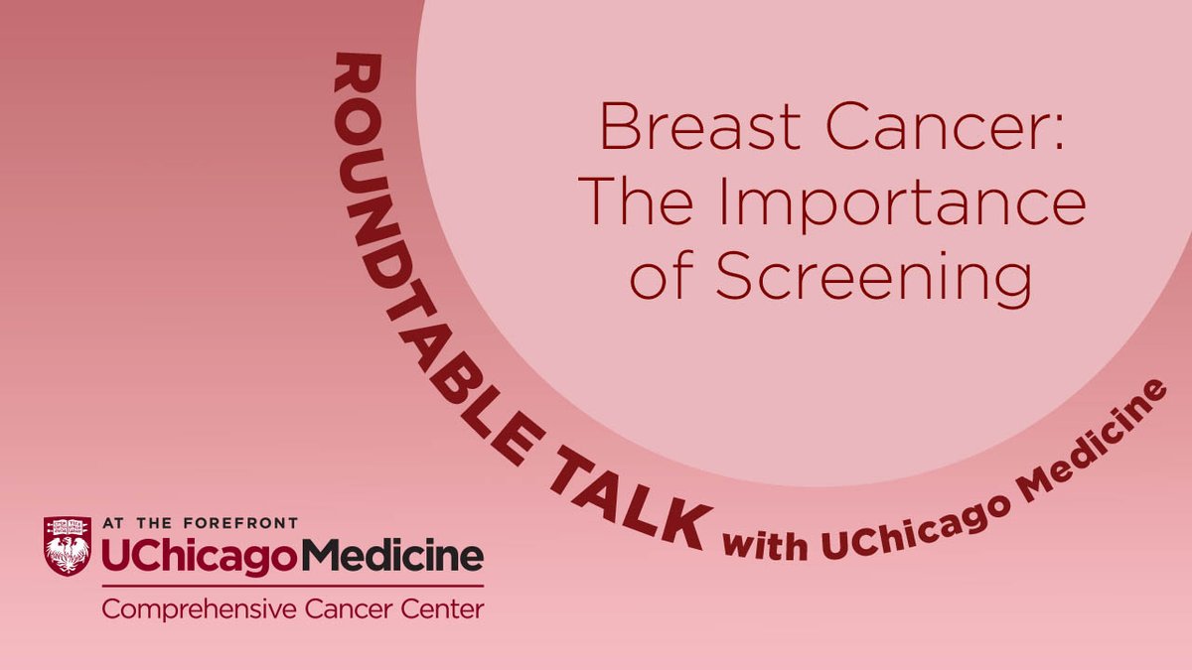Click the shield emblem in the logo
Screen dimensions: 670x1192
(x=67, y=545)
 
